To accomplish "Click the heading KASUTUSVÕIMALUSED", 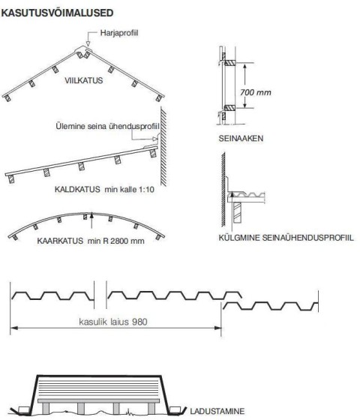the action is (57, 13).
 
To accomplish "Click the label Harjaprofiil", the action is (119, 33).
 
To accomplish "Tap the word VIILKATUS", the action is (83, 80).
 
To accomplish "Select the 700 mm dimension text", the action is (256, 92).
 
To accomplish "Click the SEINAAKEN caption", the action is (241, 139).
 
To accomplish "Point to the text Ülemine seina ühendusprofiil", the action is (107, 126).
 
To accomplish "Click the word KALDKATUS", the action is (77, 189).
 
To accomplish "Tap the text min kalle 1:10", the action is (129, 189).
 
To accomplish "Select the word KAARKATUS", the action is (60, 241).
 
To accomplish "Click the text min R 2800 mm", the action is (115, 241).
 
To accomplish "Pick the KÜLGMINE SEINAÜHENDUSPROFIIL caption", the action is (286, 238).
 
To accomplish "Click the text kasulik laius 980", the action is (113, 322).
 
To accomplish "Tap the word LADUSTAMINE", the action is (217, 411).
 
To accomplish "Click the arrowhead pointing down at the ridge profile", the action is (88, 44).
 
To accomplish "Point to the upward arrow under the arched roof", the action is (91, 220).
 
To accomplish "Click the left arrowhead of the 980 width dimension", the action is (14, 328).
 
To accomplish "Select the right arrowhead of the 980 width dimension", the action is (217, 328).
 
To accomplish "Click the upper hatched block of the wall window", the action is (229, 63).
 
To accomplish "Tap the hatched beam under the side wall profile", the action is (237, 212).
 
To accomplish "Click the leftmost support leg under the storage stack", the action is (46, 408).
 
